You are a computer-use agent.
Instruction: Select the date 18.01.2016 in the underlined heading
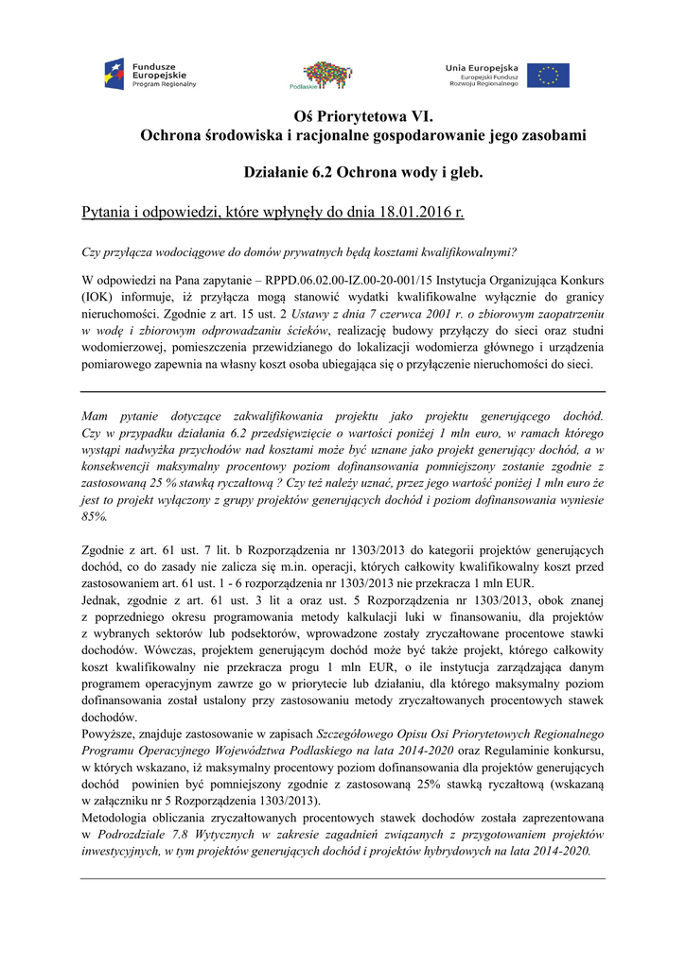(x=416, y=213)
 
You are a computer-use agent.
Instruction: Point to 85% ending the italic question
(x=95, y=517)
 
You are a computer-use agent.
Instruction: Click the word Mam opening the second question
(x=96, y=415)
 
